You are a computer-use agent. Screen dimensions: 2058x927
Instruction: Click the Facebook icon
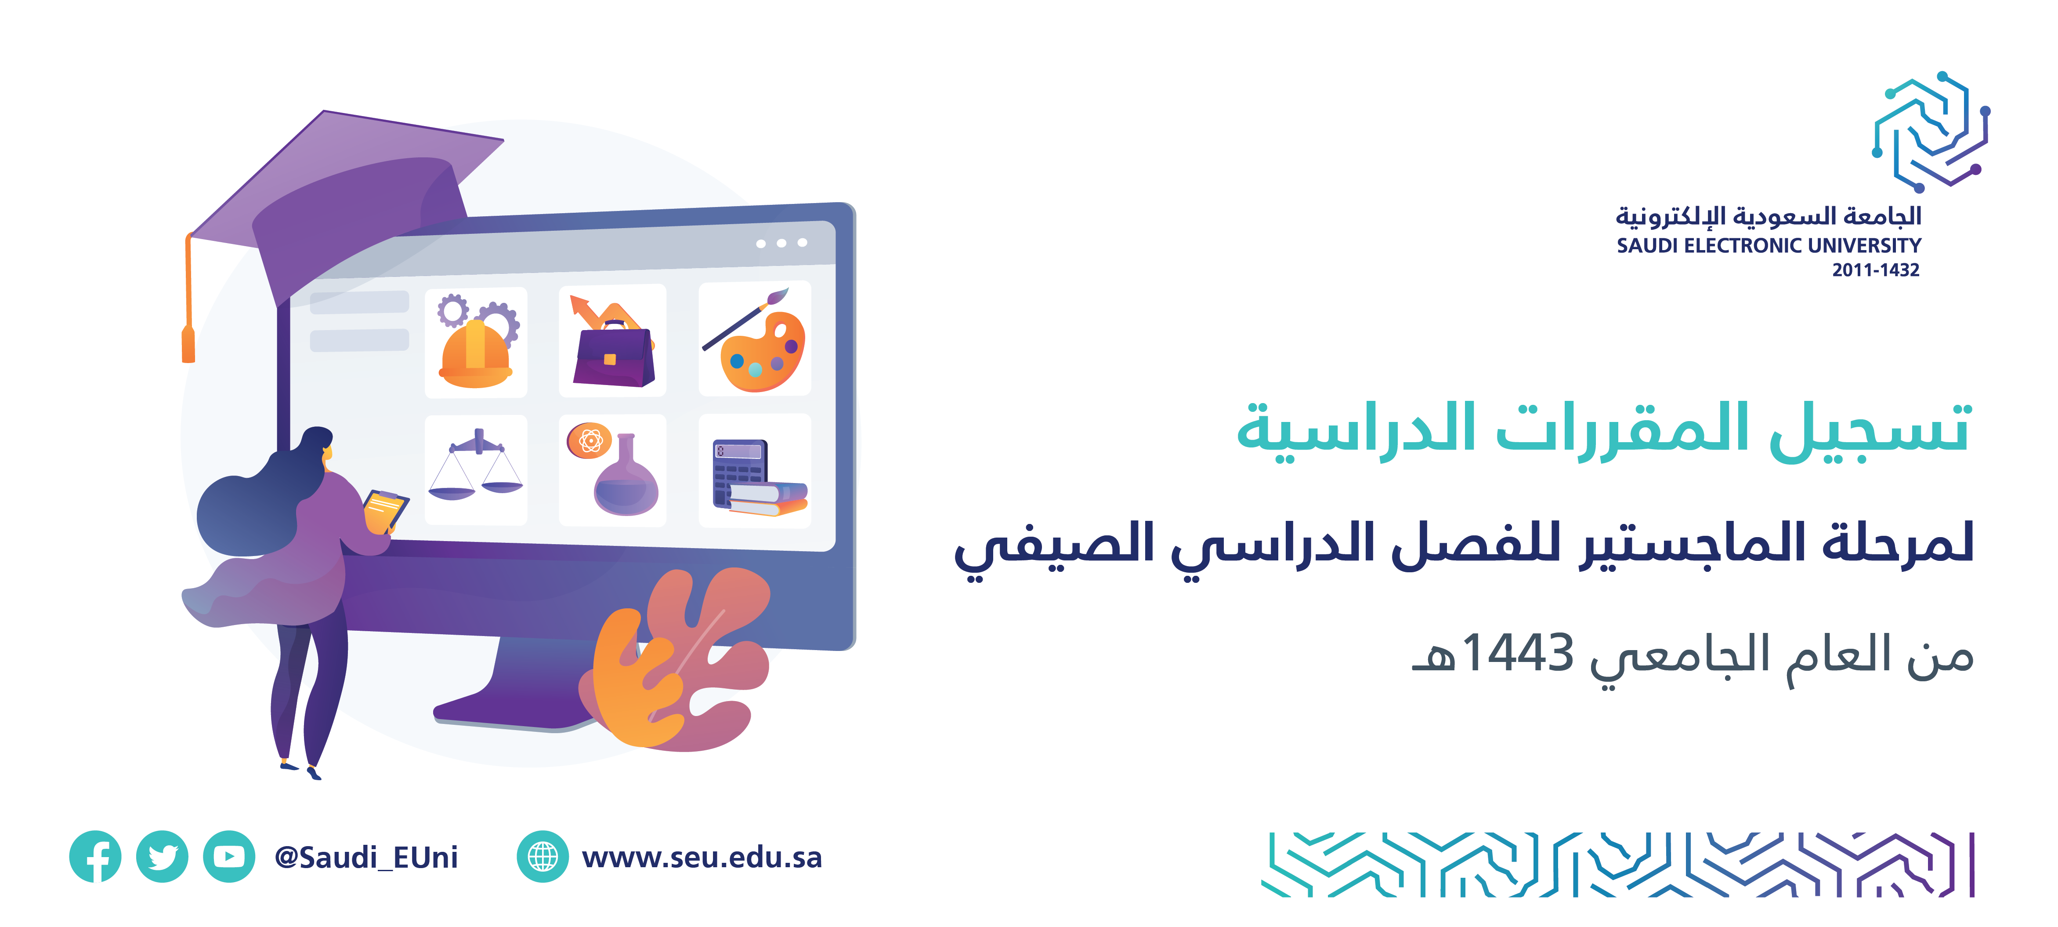[95, 857]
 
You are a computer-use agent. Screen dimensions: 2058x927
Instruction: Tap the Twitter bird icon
[162, 857]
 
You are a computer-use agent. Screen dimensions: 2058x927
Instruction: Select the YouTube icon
[229, 857]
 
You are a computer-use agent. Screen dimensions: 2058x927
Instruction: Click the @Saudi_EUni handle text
[366, 858]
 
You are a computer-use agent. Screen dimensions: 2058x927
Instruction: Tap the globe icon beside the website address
[543, 857]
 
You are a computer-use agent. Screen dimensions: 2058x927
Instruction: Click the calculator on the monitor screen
[739, 472]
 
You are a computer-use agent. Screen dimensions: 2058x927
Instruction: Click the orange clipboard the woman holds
[385, 512]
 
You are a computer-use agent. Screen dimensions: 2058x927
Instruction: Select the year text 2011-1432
[1876, 270]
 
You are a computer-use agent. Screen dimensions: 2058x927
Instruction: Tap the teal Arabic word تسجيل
[1870, 432]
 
